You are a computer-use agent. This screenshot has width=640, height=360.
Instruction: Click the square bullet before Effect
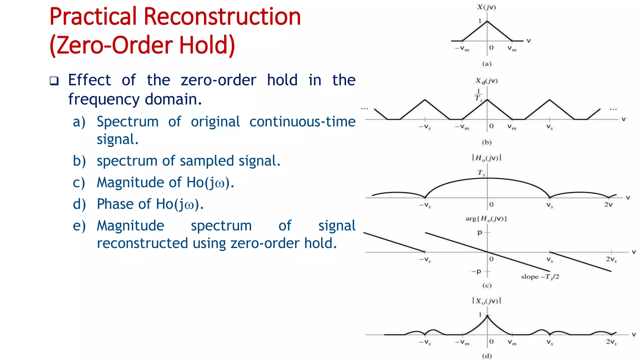(x=54, y=81)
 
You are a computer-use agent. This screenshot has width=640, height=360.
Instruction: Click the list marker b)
(x=79, y=161)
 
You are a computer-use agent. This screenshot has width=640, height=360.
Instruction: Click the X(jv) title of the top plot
(x=487, y=7)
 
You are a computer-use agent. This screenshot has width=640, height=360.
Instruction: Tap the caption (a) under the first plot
(x=487, y=64)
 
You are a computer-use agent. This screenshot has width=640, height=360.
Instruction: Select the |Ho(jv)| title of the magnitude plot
(x=487, y=158)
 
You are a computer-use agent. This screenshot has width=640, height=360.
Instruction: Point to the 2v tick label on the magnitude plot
(x=608, y=205)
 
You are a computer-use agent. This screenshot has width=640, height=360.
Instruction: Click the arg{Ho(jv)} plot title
(x=486, y=218)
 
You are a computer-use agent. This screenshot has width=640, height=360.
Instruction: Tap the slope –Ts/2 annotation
(x=540, y=277)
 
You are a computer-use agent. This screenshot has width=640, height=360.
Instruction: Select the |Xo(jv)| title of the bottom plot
(x=487, y=301)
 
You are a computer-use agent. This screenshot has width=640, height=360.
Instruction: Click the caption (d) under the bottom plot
(x=487, y=356)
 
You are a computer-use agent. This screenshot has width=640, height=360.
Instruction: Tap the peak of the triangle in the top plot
(x=487, y=21)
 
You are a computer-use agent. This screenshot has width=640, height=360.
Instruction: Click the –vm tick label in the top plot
(x=462, y=48)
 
